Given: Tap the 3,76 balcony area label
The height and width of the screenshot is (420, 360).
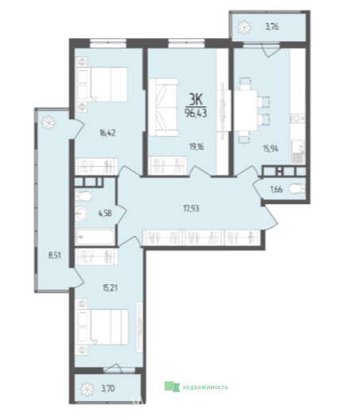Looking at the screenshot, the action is (x=272, y=27).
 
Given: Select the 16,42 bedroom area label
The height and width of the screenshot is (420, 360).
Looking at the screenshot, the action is (x=106, y=133).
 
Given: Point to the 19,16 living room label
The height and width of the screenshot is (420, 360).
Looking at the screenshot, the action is (x=196, y=147).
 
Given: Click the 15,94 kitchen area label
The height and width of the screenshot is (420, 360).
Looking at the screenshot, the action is (x=270, y=148).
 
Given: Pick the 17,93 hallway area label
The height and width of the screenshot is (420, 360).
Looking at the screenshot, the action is (x=191, y=208).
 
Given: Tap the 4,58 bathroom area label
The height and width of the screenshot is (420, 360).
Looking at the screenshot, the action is (x=105, y=214).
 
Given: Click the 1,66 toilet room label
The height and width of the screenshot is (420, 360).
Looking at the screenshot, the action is (x=276, y=190).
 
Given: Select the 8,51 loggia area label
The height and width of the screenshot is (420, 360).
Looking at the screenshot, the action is (x=54, y=255).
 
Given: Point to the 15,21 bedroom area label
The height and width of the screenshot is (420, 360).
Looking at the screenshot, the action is (x=110, y=288).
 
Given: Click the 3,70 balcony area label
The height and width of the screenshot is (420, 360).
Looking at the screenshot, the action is (x=108, y=388).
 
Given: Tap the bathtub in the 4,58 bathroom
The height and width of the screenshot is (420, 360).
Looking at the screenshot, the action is (x=95, y=237).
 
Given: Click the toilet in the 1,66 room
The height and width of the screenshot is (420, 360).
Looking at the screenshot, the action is (x=297, y=189).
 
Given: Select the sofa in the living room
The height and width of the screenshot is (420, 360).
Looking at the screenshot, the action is (x=164, y=107).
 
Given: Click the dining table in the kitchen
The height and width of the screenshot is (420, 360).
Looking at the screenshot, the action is (x=246, y=110).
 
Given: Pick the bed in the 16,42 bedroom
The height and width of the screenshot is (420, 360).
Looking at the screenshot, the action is (x=102, y=84).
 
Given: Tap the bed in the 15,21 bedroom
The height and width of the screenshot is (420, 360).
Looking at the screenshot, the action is (x=102, y=326).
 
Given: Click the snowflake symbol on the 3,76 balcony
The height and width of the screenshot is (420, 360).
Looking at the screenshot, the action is (x=244, y=27).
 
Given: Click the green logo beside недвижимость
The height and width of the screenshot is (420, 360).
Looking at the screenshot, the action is (x=172, y=387).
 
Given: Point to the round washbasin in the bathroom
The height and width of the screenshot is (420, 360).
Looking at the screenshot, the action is (x=81, y=214).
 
